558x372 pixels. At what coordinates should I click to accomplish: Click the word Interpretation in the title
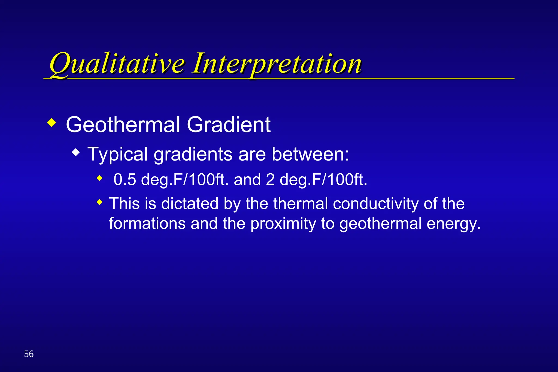click(277, 64)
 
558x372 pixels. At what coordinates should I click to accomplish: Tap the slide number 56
click(29, 354)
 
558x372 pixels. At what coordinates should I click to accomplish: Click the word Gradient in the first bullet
click(228, 125)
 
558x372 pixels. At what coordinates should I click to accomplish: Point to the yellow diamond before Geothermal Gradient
click(51, 123)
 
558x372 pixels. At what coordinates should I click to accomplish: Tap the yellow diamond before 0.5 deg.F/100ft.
click(100, 179)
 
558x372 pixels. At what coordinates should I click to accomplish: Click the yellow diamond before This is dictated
click(100, 202)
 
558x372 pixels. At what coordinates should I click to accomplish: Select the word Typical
click(118, 155)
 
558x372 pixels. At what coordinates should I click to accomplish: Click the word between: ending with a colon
click(310, 154)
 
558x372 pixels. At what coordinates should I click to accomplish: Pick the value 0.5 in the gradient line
click(125, 180)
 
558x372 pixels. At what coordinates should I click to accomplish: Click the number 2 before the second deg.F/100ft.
click(270, 180)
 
